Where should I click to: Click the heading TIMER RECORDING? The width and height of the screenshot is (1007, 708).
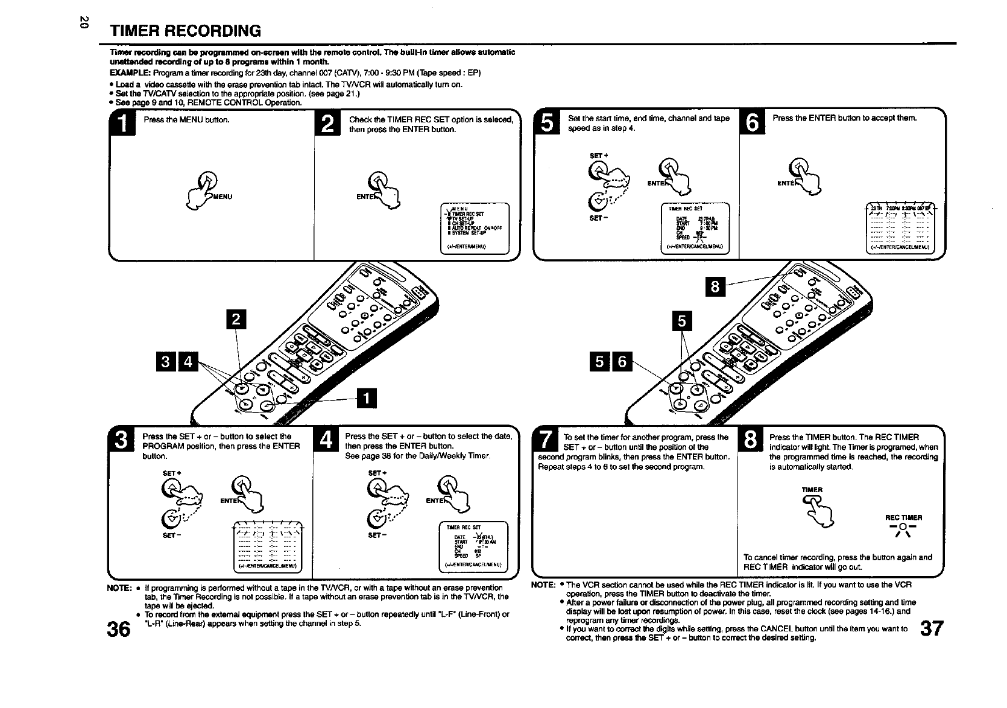[x=185, y=31]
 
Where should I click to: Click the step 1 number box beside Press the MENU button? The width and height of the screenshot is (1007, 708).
[x=122, y=124]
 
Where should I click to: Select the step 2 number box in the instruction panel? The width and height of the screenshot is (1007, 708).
[x=327, y=124]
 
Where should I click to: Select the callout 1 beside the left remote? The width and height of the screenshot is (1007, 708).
[x=367, y=399]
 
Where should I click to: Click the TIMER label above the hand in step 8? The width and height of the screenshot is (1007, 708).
[x=812, y=490]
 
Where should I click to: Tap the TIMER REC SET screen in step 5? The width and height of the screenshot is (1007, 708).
[x=695, y=229]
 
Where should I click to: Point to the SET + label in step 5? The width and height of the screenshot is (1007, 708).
[x=599, y=156]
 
